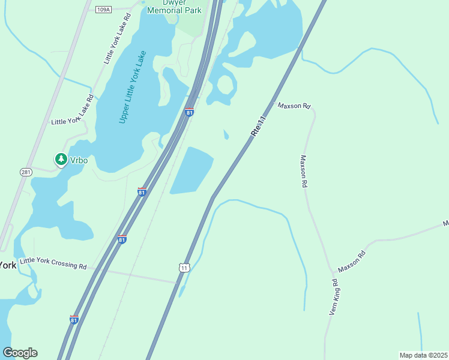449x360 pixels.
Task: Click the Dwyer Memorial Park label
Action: click(173, 7)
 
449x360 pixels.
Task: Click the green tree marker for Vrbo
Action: click(61, 159)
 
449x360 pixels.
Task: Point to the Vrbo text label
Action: click(79, 160)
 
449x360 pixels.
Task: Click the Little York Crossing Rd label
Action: click(53, 262)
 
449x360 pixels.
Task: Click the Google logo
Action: click(20, 352)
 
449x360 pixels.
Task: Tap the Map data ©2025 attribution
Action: click(423, 355)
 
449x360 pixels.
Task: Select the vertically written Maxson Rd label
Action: click(304, 172)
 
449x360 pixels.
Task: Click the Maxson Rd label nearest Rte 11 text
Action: click(294, 106)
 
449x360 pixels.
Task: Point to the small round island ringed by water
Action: click(225, 86)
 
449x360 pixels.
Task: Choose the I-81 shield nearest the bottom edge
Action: click(74, 320)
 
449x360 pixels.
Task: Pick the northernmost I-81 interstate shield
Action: click(190, 112)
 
